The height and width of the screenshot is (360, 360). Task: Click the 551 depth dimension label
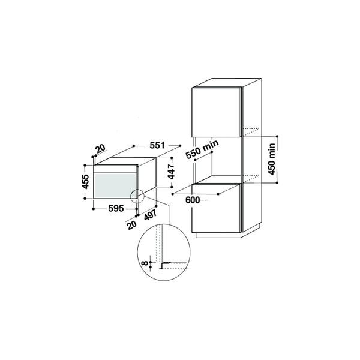coord(157,145)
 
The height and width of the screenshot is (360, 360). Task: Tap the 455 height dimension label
coord(85,182)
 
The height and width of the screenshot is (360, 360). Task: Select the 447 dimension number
coord(171,172)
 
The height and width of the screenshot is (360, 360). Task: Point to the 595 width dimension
coord(116,208)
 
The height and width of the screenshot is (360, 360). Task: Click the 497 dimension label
coord(151,215)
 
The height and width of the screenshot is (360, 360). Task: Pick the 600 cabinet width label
coord(193,200)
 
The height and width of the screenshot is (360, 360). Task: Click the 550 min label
coord(202,149)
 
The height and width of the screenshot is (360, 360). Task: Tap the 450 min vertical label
coord(272,159)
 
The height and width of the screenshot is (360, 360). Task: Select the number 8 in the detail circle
coord(145,262)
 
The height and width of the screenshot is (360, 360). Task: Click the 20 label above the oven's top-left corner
coord(101,149)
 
